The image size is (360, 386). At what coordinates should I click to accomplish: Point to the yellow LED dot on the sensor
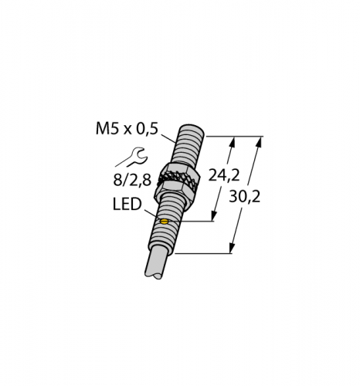tap(164, 222)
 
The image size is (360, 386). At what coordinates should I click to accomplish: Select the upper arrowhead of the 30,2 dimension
tap(261, 141)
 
